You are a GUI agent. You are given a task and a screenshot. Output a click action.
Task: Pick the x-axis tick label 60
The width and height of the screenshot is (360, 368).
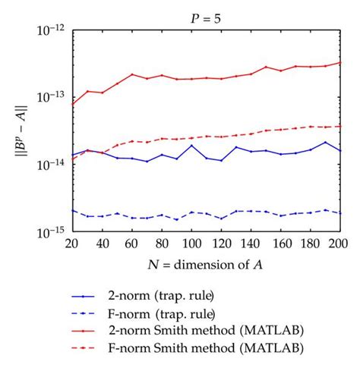point(132,244)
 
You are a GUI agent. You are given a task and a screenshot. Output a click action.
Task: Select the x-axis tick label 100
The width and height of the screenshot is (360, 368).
point(191,244)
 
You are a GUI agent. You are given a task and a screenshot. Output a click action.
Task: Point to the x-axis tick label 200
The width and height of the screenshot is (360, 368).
point(339,244)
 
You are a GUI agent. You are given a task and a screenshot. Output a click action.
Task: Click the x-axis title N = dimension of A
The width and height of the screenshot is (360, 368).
point(206,263)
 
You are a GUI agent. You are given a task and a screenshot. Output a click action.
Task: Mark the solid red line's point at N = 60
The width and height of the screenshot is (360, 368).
point(132,74)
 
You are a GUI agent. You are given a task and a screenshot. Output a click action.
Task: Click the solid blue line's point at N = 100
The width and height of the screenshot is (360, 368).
point(191,145)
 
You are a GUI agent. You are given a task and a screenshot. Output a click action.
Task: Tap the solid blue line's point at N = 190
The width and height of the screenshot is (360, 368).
point(325,142)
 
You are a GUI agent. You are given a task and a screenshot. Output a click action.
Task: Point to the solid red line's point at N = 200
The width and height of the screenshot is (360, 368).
point(339,63)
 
